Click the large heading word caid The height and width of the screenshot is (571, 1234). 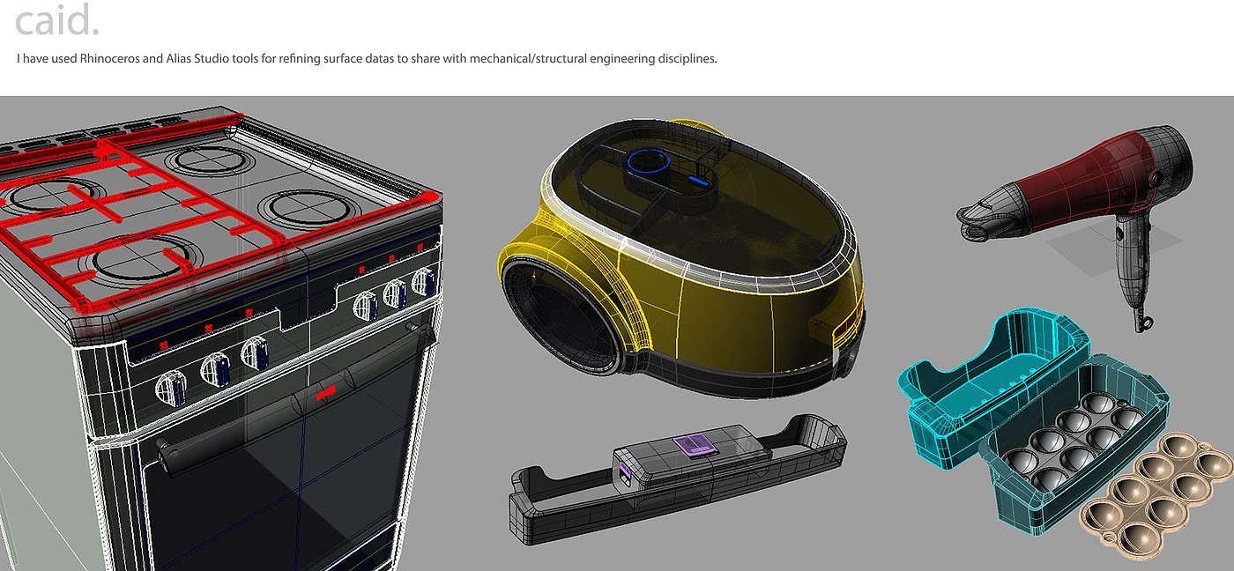coord(57,20)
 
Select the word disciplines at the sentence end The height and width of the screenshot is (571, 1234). coord(687,58)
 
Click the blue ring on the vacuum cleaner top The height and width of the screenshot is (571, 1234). coord(648,161)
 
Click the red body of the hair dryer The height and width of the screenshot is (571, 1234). coord(1080,182)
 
